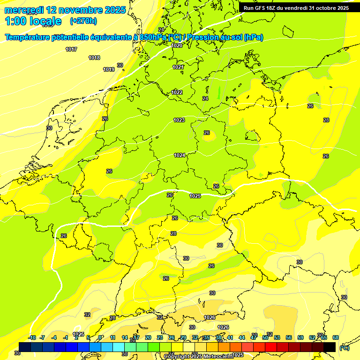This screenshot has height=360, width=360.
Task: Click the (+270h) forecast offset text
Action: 83,21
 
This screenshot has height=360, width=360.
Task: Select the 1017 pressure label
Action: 71,49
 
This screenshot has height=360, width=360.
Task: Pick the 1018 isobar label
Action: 94,58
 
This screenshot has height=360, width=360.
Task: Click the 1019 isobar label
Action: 109,69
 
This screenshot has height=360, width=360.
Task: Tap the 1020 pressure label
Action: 177,45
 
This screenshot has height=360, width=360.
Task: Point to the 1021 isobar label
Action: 178,67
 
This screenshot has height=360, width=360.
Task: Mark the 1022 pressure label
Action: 177,92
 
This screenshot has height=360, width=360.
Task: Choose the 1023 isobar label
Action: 179,120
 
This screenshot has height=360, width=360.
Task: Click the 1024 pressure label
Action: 180,155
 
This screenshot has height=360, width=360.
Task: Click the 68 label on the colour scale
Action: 336,337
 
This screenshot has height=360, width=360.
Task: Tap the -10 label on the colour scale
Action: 32,337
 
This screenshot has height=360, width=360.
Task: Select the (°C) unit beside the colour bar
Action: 344,348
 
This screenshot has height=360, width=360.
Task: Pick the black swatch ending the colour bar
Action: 330,347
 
